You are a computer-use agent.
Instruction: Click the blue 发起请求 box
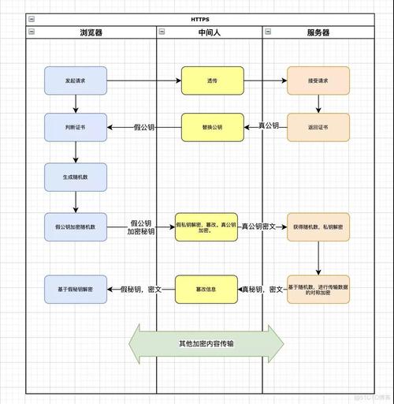coord(75,80)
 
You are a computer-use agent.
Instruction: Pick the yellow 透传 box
coord(212,80)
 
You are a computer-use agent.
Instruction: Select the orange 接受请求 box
coord(318,80)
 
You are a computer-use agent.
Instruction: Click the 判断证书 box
coord(75,127)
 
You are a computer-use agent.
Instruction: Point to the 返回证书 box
coord(318,127)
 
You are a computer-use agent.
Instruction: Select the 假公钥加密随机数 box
coord(75,226)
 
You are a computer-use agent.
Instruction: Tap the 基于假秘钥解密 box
coord(75,290)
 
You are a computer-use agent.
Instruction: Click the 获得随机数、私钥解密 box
coord(318,226)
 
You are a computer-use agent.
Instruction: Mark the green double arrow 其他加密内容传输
coord(206,343)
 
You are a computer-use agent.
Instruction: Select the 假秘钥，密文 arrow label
coord(141,290)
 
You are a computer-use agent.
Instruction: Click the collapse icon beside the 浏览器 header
coord(31,32)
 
